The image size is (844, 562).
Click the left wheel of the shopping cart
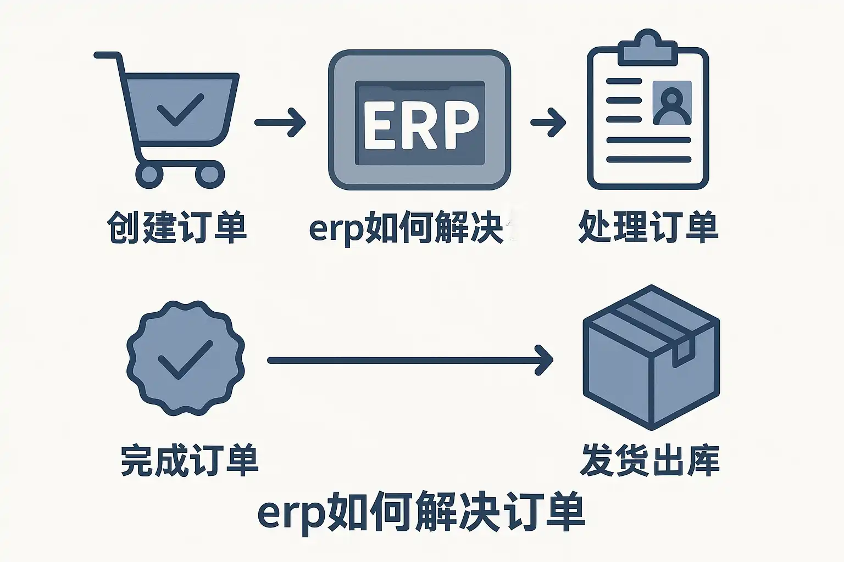[149, 175]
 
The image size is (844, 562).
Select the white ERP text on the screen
[420, 125]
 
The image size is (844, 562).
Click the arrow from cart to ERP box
[280, 122]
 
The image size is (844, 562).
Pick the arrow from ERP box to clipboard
[548, 122]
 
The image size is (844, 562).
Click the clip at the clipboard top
[647, 48]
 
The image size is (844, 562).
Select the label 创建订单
[177, 227]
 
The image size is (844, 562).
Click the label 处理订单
[648, 227]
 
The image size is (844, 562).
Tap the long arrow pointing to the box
[410, 360]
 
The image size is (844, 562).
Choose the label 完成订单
[189, 460]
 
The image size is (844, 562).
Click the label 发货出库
[649, 460]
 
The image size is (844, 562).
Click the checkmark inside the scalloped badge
[185, 359]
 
